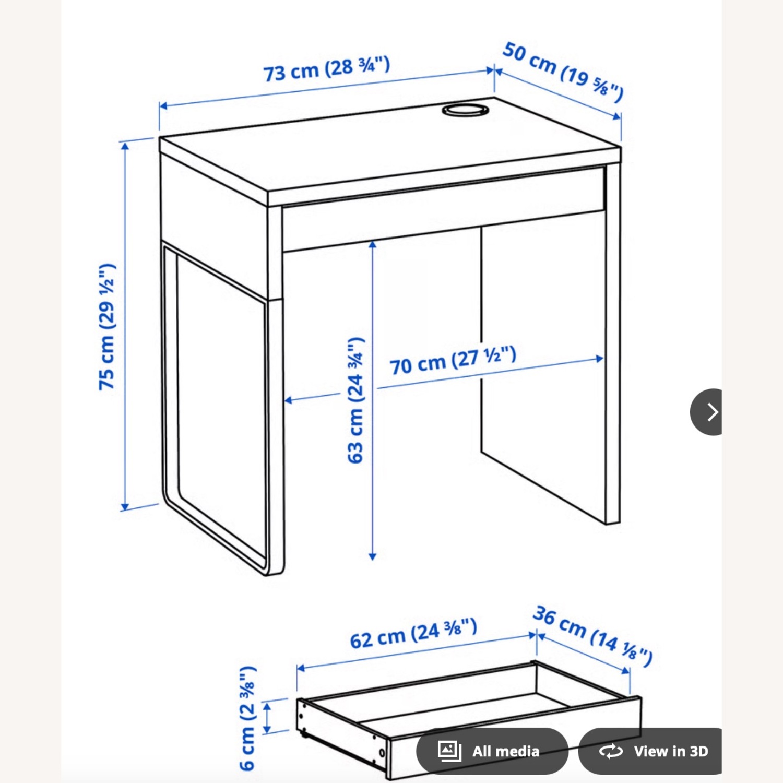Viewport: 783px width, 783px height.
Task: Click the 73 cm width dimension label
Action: pyautogui.click(x=326, y=69)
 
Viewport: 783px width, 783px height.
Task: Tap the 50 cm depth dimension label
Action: pyautogui.click(x=563, y=72)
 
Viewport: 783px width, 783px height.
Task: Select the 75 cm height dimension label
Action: pyautogui.click(x=107, y=327)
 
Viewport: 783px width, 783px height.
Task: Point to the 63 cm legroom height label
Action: pyautogui.click(x=356, y=400)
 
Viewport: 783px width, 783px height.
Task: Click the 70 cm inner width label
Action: pyautogui.click(x=453, y=360)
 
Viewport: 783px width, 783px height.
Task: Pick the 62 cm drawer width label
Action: pyautogui.click(x=413, y=633)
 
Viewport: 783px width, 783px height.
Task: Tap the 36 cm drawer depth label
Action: pyautogui.click(x=592, y=635)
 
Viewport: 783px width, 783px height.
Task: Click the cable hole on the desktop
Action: pyautogui.click(x=465, y=110)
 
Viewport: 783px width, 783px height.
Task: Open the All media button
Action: pyautogui.click(x=492, y=751)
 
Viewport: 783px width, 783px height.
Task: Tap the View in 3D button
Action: pyautogui.click(x=652, y=751)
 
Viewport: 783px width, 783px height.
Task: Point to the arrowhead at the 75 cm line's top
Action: pyautogui.click(x=125, y=145)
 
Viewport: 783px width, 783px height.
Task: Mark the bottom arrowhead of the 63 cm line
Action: pyautogui.click(x=372, y=556)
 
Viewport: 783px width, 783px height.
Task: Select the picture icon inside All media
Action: pyautogui.click(x=449, y=751)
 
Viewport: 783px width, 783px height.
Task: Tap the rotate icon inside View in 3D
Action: pyautogui.click(x=611, y=751)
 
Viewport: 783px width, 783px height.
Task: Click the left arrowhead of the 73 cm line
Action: pyautogui.click(x=163, y=106)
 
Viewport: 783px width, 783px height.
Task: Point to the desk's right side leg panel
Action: pyautogui.click(x=612, y=345)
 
